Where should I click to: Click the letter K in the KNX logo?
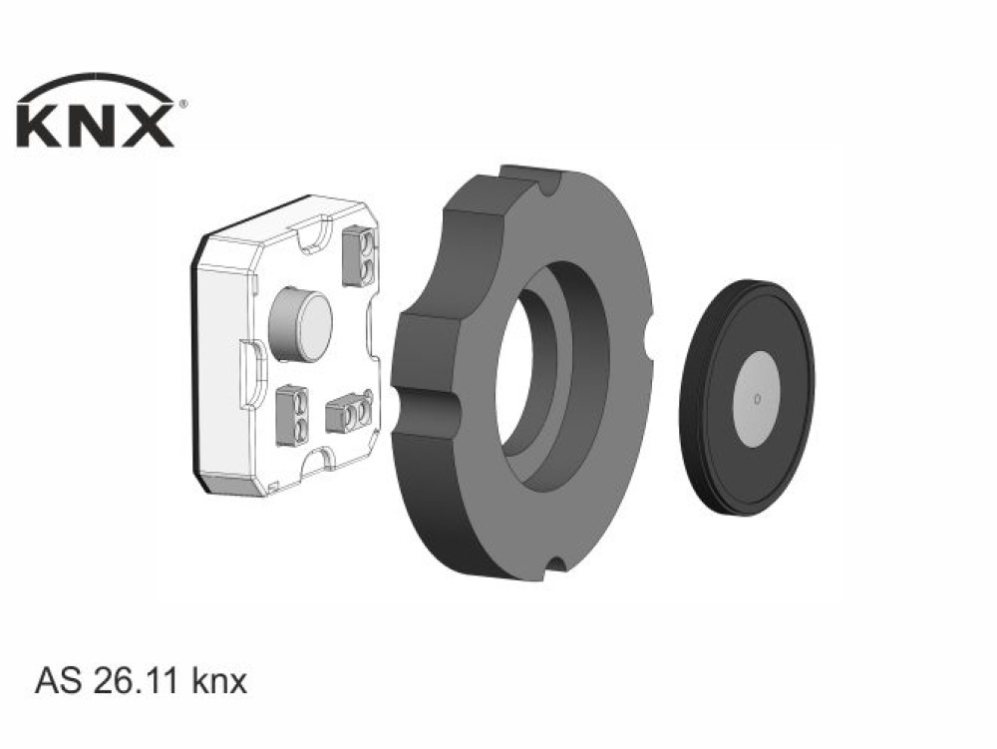coord(40,126)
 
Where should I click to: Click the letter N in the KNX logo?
coord(91,126)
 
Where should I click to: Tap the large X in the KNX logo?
coord(146,126)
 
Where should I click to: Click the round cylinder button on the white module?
coord(300,325)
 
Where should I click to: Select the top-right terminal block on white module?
coord(359,256)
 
